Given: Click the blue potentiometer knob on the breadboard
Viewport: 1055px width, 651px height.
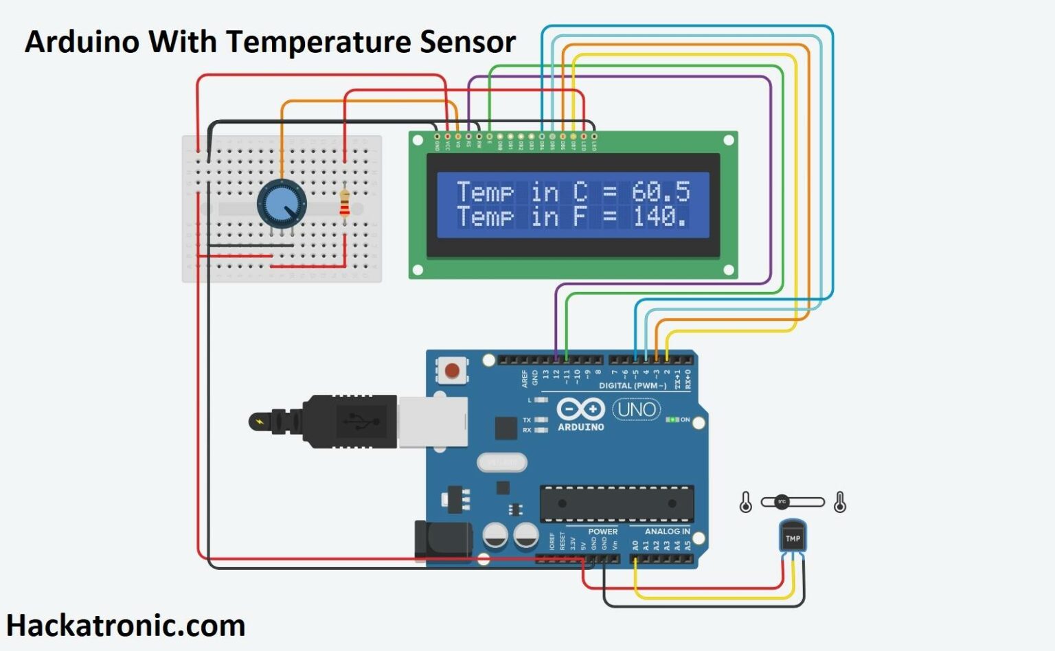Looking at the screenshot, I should click(x=282, y=203).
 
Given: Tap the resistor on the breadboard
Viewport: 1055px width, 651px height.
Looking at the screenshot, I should click(x=344, y=203).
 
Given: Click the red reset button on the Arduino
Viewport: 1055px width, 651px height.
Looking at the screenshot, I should click(x=452, y=372).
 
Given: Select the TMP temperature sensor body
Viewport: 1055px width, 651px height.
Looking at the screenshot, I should click(x=793, y=537).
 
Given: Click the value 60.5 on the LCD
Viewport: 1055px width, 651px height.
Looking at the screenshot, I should click(x=660, y=192).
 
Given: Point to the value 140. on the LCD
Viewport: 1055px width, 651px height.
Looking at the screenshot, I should click(x=659, y=217).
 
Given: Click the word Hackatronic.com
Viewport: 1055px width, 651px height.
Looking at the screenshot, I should click(x=126, y=626).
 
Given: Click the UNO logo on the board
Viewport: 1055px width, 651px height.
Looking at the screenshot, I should click(x=636, y=410).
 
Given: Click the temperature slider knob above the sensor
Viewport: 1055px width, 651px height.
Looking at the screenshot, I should click(x=782, y=502).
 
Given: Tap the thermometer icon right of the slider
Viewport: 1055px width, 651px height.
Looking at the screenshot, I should click(x=839, y=503).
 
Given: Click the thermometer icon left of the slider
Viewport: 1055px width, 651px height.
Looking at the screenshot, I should click(x=746, y=503).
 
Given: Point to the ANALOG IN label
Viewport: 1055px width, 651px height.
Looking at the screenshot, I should click(x=667, y=531).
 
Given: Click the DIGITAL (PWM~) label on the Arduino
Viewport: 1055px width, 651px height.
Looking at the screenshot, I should click(x=632, y=386).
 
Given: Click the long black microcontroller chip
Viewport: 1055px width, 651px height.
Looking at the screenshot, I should click(x=616, y=503).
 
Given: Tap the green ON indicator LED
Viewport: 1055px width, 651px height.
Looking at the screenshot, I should click(x=672, y=420).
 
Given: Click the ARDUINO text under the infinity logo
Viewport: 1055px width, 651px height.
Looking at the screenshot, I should click(x=580, y=426).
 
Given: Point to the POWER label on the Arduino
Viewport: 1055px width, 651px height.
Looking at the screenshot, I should click(x=602, y=531).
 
